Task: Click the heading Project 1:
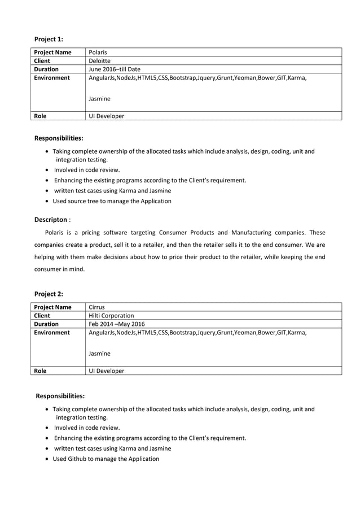click(49, 39)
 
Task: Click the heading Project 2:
click(49, 294)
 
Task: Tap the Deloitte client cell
click(100, 61)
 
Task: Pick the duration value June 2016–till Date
click(115, 69)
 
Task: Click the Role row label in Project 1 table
click(40, 116)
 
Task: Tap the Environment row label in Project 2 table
click(52, 333)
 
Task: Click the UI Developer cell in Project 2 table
click(107, 371)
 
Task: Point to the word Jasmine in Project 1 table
click(100, 99)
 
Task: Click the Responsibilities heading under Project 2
click(60, 396)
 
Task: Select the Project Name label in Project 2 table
click(52, 307)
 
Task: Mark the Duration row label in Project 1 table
click(46, 69)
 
